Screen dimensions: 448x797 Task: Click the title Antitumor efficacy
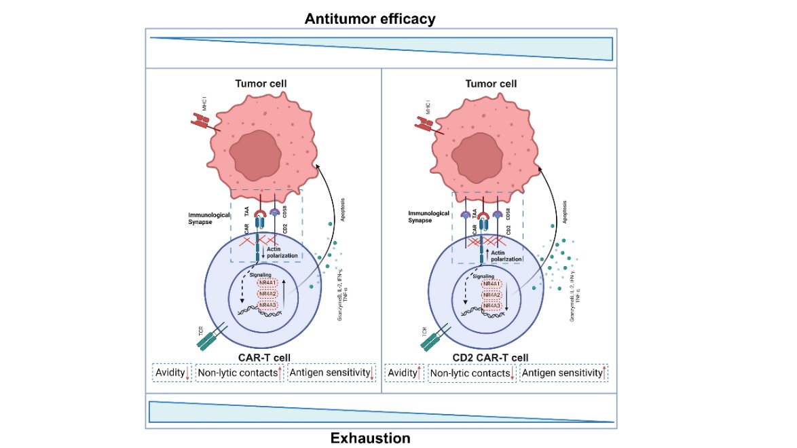(370, 18)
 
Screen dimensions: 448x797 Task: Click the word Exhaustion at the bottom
(370, 438)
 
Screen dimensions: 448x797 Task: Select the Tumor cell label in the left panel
(261, 83)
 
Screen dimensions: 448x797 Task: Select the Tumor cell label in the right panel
(491, 83)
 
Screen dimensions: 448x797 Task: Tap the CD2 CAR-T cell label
(490, 358)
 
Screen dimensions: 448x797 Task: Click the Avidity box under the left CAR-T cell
(172, 373)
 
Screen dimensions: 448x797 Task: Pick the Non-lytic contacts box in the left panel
(239, 373)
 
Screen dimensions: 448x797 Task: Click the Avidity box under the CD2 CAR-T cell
(405, 373)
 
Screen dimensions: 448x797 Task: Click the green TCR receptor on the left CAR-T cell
(211, 337)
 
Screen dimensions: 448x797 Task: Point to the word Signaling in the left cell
(260, 274)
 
